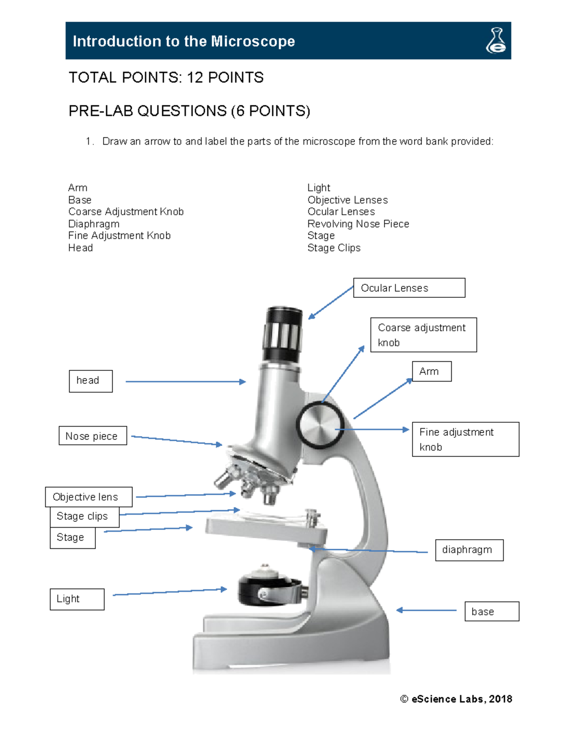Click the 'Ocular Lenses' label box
409,288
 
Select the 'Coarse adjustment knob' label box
423,335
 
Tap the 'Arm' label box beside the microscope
431,371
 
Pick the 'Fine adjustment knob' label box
465,439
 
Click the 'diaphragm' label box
469,550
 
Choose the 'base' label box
491,611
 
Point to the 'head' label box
91,381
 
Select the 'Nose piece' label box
92,436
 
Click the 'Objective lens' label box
88,497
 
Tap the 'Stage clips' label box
84,516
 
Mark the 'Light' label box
77,599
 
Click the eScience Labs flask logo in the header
496,41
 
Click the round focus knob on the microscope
320,426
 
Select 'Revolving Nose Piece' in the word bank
358,224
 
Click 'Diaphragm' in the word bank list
93,224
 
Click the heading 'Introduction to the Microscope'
183,41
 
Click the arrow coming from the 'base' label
426,610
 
